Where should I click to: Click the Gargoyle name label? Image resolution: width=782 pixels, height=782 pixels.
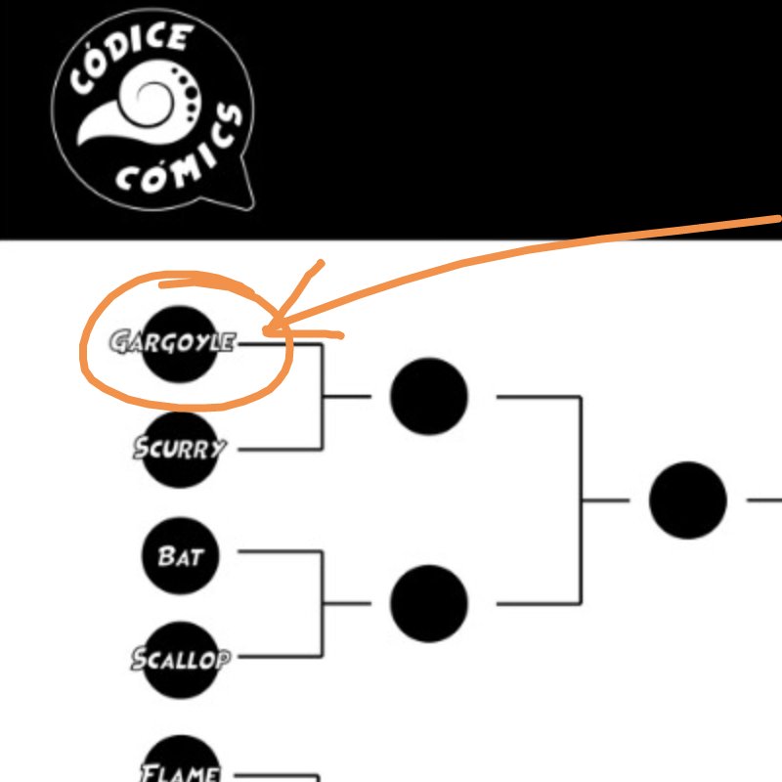[172, 342]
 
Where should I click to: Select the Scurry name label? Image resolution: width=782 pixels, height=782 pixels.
[180, 449]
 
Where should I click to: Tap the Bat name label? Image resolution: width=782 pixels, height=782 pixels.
[180, 556]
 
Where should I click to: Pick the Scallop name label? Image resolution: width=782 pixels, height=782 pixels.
[180, 659]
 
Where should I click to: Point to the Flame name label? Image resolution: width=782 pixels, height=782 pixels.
[181, 772]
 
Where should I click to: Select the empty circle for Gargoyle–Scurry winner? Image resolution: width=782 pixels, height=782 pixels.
[429, 396]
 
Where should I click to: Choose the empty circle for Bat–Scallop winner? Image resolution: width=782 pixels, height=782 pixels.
[429, 603]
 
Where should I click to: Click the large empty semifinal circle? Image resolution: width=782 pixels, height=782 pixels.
[688, 500]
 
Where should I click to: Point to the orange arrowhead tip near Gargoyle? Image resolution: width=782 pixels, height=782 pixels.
[266, 332]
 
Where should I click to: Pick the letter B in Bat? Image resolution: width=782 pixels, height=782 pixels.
[166, 556]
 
